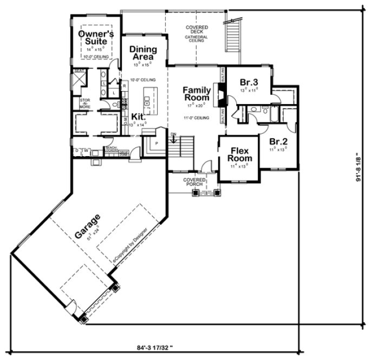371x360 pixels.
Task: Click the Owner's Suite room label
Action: point(96,37)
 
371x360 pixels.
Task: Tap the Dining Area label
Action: point(144,53)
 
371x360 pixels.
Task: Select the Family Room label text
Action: point(196,94)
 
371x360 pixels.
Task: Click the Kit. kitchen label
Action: point(138,117)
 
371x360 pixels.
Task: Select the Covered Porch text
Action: point(193,182)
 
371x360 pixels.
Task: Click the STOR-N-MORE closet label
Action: point(85,103)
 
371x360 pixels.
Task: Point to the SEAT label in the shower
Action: point(78,71)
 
